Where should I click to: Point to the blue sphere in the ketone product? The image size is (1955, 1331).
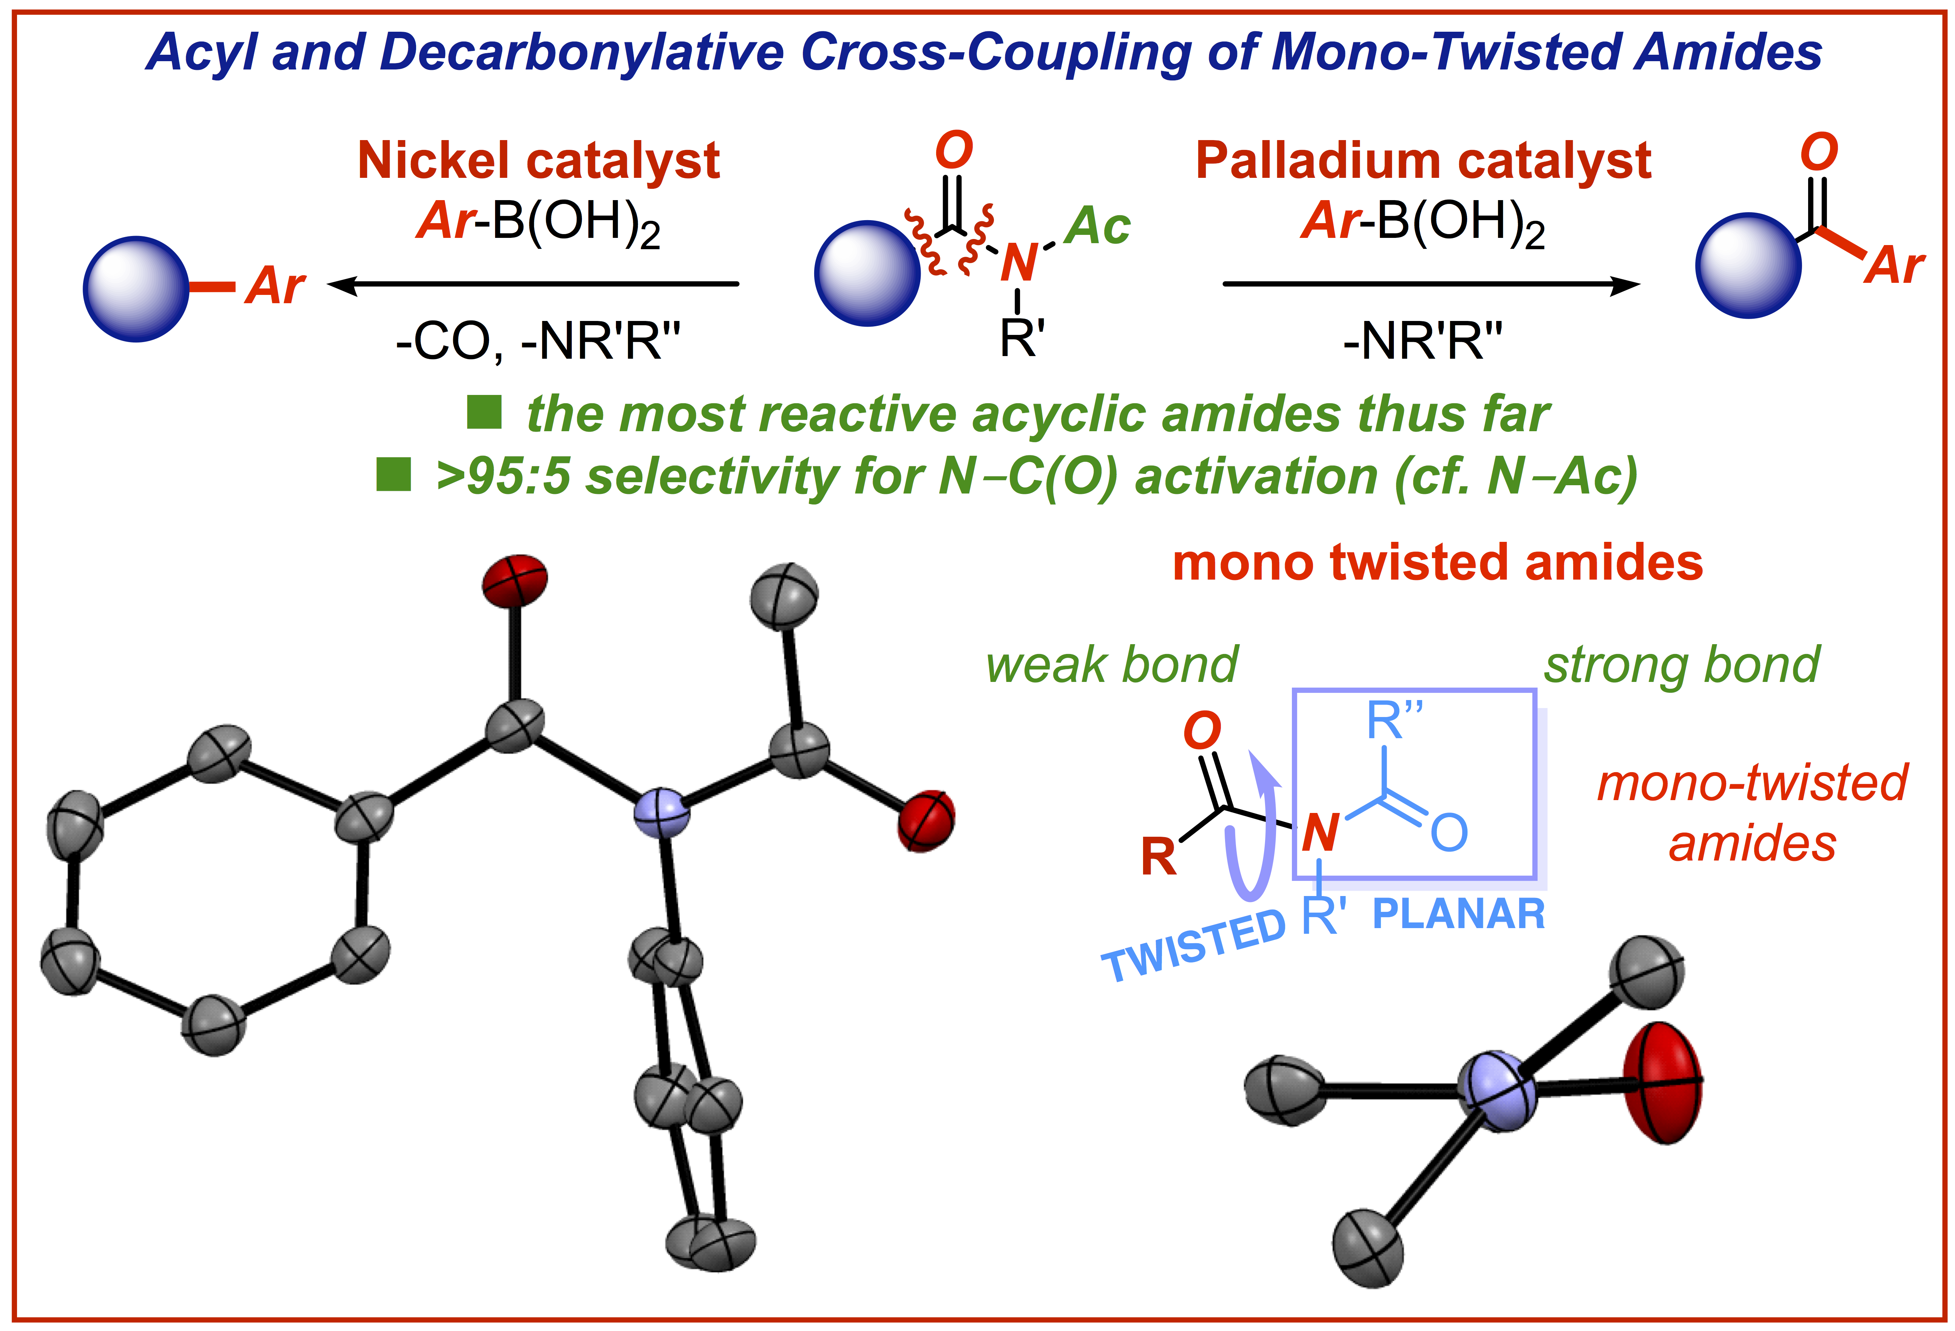(1748, 265)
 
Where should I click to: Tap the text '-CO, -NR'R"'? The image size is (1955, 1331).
(539, 342)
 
